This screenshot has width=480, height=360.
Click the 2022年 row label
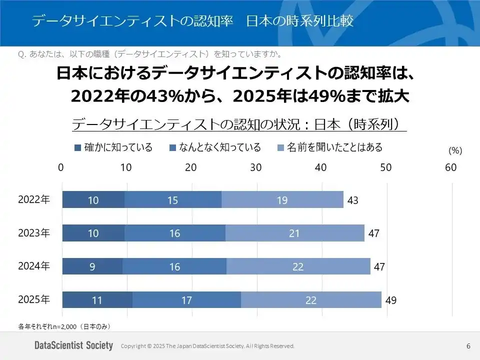(34, 199)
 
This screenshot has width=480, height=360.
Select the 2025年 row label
(34, 300)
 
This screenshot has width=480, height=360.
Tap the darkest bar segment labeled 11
(97, 300)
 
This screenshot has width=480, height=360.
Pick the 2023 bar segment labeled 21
(294, 233)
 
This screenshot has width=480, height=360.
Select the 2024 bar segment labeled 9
(92, 266)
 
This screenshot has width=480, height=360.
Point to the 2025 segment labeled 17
(186, 300)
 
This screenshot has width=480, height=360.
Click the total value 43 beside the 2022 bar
(353, 200)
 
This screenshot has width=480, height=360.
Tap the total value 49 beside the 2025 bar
(390, 301)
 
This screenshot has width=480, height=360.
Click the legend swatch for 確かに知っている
(77, 148)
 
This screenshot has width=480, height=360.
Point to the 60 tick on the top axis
(450, 168)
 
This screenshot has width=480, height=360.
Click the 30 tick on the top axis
(256, 168)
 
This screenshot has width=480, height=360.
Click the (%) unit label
(455, 150)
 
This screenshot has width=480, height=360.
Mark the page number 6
(468, 346)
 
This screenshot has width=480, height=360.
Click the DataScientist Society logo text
(73, 346)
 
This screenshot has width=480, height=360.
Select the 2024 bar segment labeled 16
(174, 266)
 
